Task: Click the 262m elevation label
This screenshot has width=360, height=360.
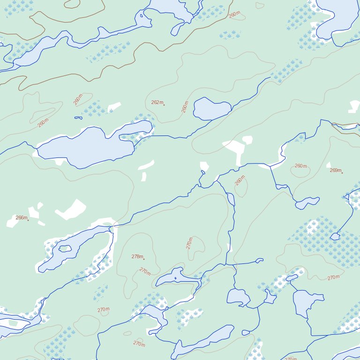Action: click(157, 102)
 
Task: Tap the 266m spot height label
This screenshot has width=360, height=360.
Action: click(21, 217)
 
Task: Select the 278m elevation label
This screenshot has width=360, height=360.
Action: click(137, 256)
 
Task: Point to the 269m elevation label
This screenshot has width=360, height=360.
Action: click(335, 170)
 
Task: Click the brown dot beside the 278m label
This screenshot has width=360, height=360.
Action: click(144, 259)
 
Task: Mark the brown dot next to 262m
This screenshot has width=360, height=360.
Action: click(164, 105)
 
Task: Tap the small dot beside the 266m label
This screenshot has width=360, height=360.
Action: click(28, 220)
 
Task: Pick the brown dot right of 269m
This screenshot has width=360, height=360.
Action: click(342, 172)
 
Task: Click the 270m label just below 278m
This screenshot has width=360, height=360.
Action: click(145, 271)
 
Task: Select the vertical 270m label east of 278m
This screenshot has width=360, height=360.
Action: click(189, 243)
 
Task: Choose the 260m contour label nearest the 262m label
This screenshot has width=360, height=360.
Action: click(185, 107)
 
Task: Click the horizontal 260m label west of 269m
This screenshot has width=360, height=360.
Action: click(300, 166)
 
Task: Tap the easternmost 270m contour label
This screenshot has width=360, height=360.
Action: click(333, 277)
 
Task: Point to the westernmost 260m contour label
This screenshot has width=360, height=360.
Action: click(43, 123)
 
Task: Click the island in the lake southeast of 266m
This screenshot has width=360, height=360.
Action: click(65, 248)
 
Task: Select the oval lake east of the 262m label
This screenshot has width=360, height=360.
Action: click(211, 109)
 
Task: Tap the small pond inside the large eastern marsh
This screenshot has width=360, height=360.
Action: click(335, 237)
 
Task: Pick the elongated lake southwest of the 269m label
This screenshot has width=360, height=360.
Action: click(307, 203)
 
